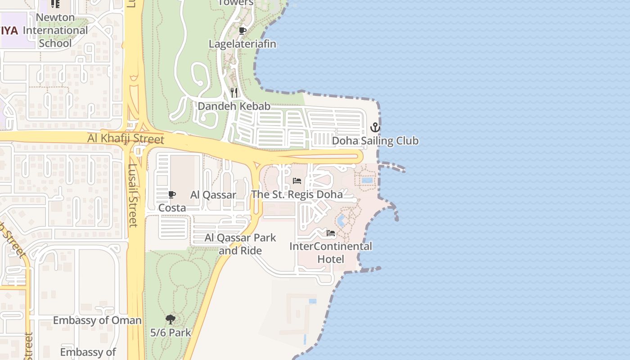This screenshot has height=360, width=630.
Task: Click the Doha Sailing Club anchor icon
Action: coord(375,128)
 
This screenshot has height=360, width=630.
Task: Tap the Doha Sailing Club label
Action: coord(375,141)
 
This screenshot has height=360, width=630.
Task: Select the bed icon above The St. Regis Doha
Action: coord(297,181)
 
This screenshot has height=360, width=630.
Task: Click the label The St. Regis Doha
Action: coord(297,194)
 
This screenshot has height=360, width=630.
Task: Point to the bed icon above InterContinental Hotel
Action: coord(331,233)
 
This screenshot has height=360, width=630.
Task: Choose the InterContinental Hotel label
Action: coord(331,252)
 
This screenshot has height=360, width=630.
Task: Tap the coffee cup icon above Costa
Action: coord(171,194)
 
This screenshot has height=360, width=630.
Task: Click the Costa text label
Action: coord(172,208)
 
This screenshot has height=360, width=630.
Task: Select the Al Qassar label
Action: coord(213,195)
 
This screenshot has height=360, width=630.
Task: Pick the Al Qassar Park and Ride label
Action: coord(240,244)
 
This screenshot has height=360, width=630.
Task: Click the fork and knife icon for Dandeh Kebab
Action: coord(234,93)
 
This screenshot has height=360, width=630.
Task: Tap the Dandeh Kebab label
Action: coord(234,106)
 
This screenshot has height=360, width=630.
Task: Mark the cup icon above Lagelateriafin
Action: coord(242,31)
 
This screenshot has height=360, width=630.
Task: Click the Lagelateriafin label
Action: coord(242,44)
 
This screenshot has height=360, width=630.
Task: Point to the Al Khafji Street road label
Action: coord(126,139)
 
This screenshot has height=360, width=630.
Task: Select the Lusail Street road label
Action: coord(133,195)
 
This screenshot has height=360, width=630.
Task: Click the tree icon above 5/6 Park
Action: coord(170,319)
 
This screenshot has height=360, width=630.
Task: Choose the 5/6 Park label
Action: coord(171,333)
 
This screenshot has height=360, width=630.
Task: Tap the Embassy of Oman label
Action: coord(97,320)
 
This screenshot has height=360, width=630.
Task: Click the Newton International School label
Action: coord(55,31)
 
